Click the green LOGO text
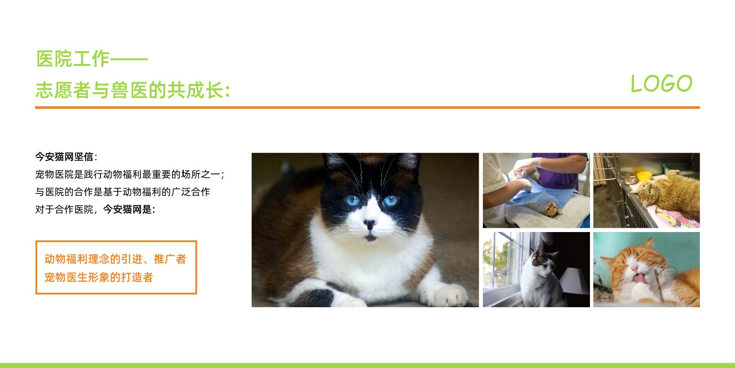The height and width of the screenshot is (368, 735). pos(661,84)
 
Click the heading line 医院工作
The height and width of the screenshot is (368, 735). pos(73,59)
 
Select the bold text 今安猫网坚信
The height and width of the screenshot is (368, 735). pos(64,157)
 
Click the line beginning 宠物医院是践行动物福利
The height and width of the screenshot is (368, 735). pos(130,174)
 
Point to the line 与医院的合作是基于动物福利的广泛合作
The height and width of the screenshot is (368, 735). pos(122,192)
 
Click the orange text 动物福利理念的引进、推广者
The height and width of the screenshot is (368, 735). pos(115,259)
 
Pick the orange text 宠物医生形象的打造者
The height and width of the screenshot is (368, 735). pos(99,278)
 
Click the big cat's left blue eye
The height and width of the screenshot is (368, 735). pos(353,200)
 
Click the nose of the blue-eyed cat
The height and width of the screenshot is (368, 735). pos(370,224)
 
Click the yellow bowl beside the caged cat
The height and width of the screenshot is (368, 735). pos(644,176)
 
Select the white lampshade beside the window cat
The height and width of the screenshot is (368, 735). pos(573,281)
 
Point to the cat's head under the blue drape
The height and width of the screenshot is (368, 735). pos(550,210)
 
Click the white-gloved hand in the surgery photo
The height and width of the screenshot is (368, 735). pos(528,164)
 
